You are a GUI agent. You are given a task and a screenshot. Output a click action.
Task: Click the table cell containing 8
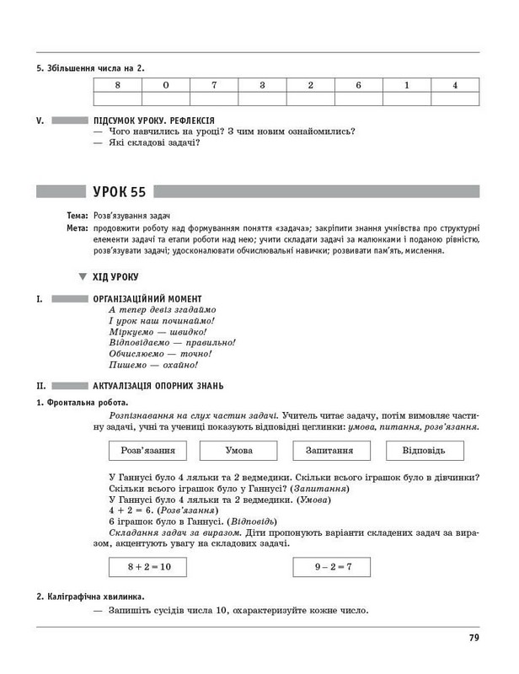[x=117, y=85]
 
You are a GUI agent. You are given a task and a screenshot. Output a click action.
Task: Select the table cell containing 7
[x=214, y=85]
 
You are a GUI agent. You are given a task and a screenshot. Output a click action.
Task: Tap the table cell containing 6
[x=358, y=85]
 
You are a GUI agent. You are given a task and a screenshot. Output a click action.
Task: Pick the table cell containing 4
[x=455, y=85]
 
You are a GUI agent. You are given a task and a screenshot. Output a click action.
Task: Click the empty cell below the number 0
[x=166, y=99]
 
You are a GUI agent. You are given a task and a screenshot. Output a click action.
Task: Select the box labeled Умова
[x=238, y=451]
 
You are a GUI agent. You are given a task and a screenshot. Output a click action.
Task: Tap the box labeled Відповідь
[x=425, y=451]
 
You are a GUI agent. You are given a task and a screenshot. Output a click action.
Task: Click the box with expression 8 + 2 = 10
[x=149, y=567]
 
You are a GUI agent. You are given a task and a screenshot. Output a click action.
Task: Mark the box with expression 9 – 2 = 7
[x=333, y=567]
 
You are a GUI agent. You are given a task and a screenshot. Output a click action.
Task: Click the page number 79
[x=474, y=638]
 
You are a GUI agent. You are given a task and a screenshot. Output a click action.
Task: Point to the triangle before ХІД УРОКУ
[x=83, y=276]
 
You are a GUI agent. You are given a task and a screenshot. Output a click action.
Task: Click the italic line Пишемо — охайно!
[x=153, y=366]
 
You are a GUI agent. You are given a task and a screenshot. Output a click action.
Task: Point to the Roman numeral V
[x=40, y=120]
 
